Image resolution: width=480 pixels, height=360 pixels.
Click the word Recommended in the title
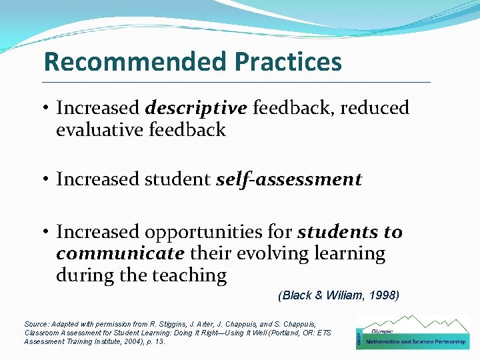[136, 62]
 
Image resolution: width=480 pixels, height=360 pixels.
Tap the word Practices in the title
[288, 62]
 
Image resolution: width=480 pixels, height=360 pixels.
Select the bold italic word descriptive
[196, 107]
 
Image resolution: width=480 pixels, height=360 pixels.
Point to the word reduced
[375, 107]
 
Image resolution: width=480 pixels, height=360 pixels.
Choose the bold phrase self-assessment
[289, 179]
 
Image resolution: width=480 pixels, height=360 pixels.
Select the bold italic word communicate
[120, 254]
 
